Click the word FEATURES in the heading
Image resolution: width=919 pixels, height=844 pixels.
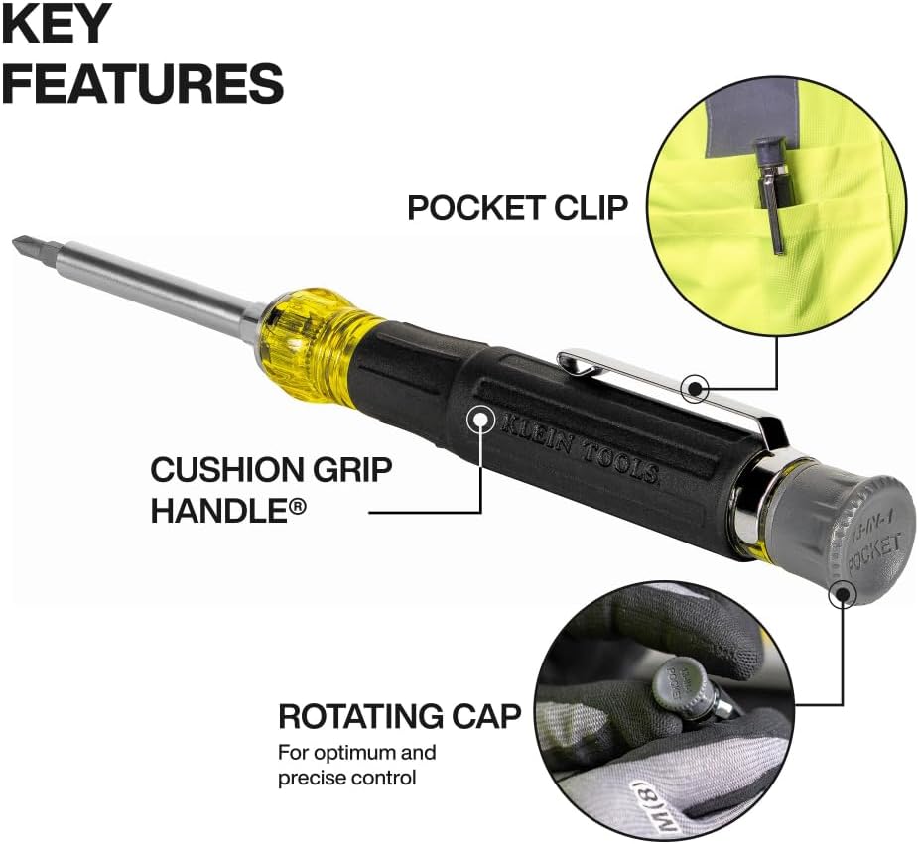[142, 83]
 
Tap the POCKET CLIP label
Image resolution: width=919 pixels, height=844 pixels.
[517, 208]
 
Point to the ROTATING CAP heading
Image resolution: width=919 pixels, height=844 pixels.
[399, 716]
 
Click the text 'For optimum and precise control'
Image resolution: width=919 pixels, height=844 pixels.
[356, 765]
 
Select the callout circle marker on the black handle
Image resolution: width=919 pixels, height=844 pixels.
[482, 420]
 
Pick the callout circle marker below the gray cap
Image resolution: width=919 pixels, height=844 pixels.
[843, 593]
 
